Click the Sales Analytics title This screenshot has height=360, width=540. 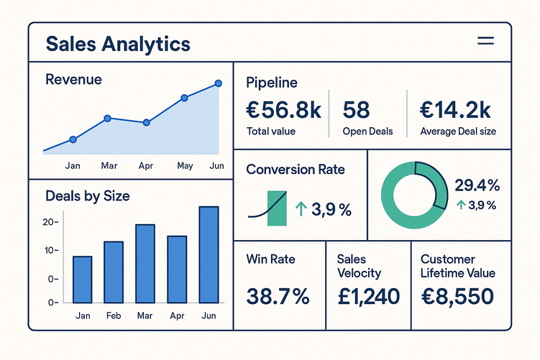[x=118, y=43]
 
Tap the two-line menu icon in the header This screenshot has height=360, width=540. [x=486, y=42]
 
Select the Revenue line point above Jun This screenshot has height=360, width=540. [x=219, y=84]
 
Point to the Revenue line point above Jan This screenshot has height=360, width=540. [x=73, y=139]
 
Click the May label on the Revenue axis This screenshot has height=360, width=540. [x=185, y=166]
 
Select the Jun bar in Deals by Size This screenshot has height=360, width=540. [x=209, y=254]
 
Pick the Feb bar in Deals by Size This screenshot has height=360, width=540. [x=114, y=271]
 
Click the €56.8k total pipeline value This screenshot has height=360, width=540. [x=283, y=110]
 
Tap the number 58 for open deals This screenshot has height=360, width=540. [x=357, y=110]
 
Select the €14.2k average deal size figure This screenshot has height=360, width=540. [x=455, y=110]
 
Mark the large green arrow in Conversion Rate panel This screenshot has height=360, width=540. [x=301, y=209]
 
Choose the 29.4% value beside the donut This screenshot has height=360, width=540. [x=477, y=185]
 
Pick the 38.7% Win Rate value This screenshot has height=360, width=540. [x=278, y=295]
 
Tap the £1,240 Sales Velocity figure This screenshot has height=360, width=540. [x=368, y=295]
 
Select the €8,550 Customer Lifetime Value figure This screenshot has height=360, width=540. [x=457, y=295]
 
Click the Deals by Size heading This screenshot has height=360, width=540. [x=87, y=195]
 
